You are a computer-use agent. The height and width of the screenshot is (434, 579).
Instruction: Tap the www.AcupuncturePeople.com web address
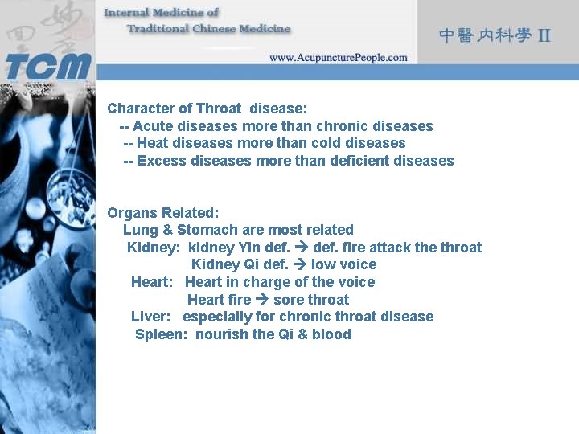(338, 58)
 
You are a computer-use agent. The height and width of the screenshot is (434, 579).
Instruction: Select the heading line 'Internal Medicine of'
(161, 13)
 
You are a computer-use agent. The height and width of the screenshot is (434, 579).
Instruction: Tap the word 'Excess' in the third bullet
(160, 161)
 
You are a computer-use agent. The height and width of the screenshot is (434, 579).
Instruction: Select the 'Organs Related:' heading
(163, 213)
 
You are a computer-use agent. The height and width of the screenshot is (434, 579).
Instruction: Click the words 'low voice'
(343, 264)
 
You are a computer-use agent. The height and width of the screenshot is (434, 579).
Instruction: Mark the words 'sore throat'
(311, 300)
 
